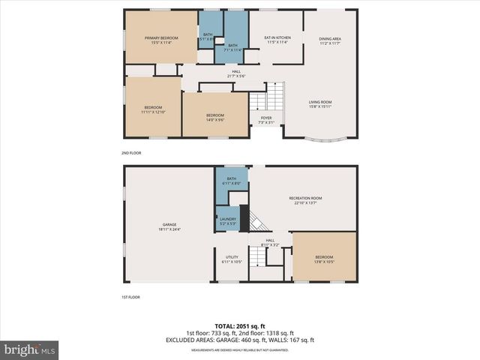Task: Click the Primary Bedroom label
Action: tap(158, 40)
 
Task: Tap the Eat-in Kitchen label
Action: tap(277, 40)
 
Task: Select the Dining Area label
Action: tap(330, 40)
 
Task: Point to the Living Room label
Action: tap(320, 103)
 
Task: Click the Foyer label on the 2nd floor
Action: tap(266, 119)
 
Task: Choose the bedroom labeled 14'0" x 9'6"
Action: tap(215, 117)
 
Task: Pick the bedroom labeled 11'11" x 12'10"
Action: tap(153, 109)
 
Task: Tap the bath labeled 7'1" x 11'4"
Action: tap(232, 47)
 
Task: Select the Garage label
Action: tap(169, 227)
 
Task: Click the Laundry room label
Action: tap(228, 220)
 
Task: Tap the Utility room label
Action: tap(232, 259)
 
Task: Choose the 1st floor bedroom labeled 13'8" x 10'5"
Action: tap(323, 259)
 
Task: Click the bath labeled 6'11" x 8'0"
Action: tap(231, 181)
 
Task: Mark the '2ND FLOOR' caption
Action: tap(131, 153)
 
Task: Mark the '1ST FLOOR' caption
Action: tap(131, 297)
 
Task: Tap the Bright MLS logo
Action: tap(30, 349)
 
